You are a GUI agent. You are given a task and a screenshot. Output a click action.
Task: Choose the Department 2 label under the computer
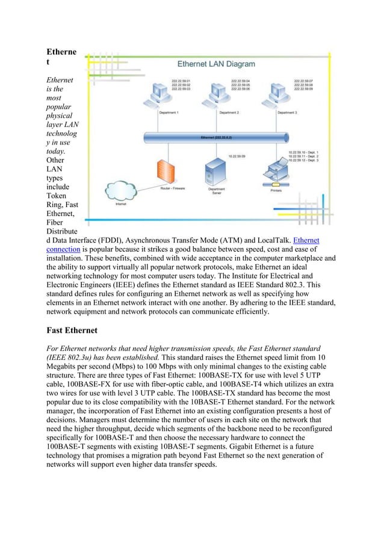[x=229, y=113]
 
